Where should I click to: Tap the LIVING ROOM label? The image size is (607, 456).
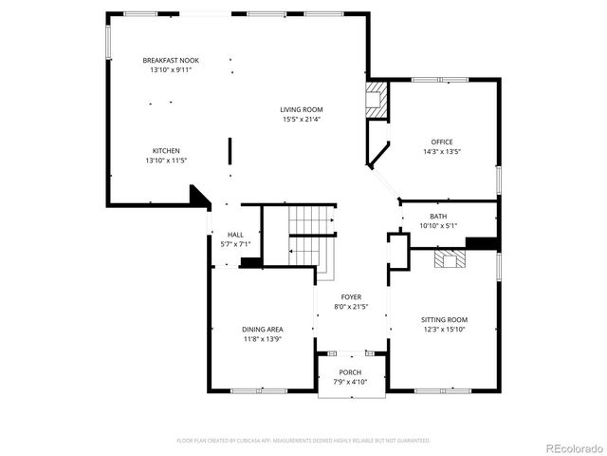coord(301,109)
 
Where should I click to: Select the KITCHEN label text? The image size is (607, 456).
coord(166,151)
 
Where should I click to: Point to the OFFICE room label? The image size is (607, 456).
coord(441,142)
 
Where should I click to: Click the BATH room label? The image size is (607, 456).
coord(438,217)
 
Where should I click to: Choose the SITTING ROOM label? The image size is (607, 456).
coord(445,319)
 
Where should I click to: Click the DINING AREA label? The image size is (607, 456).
coord(263,329)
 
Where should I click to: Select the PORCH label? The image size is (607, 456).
coord(350,371)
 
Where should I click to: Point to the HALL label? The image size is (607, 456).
coord(235,235)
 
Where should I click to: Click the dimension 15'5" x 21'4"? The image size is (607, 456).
coord(301,120)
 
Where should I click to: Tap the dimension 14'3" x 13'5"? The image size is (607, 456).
coord(441,152)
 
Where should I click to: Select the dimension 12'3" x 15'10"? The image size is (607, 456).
coord(445,330)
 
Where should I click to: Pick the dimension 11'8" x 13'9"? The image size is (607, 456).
coord(263,339)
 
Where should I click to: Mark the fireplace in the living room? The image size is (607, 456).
coord(377,101)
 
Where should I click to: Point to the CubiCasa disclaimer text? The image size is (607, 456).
coord(303,441)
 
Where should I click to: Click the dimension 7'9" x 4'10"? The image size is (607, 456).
coord(350,382)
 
